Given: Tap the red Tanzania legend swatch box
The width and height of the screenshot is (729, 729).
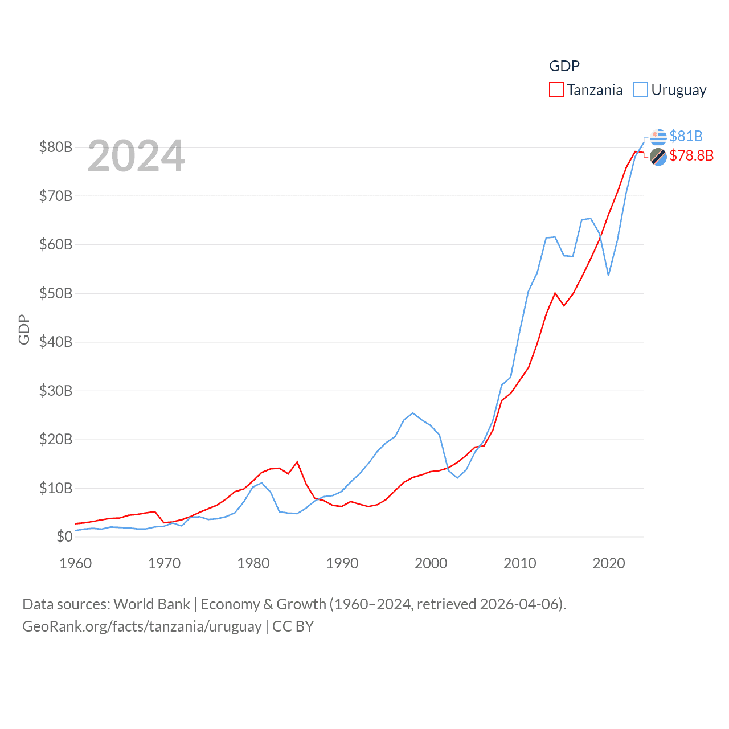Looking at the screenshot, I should point(556,90).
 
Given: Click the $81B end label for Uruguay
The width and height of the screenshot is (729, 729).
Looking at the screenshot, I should point(686,136).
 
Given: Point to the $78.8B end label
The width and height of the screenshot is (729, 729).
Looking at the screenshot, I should point(691,155).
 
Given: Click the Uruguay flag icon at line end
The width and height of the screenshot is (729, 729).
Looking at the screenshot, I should point(658,137).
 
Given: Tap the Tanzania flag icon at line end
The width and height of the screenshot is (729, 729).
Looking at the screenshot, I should point(658,157).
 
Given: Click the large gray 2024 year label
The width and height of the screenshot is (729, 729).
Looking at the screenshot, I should point(136,155).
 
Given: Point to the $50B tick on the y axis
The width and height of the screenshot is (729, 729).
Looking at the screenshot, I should point(56,293).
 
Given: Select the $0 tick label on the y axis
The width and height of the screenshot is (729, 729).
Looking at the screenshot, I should point(64,536).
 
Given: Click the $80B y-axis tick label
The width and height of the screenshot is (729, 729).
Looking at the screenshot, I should point(56,147).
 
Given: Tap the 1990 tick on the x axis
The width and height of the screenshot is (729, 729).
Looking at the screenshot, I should point(342,563).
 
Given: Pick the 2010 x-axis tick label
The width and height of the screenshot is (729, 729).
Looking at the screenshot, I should point(519,563).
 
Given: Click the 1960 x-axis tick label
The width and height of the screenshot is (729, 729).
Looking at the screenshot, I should point(75,563).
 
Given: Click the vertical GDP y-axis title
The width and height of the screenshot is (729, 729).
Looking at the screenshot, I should point(24,329).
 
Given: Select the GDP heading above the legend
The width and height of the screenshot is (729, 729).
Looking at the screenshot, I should point(564,66).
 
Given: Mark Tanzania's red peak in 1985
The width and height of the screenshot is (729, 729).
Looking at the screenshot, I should point(297,462).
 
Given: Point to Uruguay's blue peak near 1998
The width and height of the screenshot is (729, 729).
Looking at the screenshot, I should point(413,413).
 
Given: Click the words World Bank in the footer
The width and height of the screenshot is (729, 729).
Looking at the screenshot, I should point(151,604).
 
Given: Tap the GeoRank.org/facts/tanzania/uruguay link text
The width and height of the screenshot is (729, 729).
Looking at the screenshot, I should point(142,626).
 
